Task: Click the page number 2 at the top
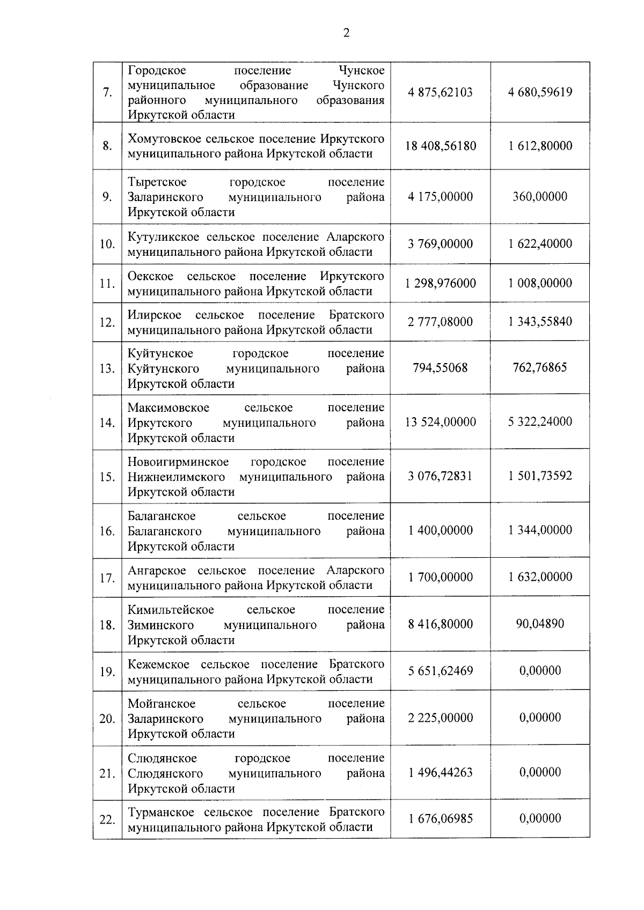point(346,33)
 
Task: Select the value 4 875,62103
point(440,92)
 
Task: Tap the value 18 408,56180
point(440,146)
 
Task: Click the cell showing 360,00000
point(540,196)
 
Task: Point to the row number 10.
point(107,244)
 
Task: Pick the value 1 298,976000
point(440,283)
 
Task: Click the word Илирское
point(154,315)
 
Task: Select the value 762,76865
point(540,368)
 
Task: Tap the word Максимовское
point(169,408)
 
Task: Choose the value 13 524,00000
point(440,422)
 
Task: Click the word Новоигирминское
point(178,462)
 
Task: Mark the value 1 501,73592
point(540,476)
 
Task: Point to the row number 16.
point(107,531)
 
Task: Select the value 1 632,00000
point(540,577)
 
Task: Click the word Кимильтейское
point(171,610)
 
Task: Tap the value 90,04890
point(540,624)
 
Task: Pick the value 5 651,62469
point(440,671)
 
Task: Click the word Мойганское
point(162,704)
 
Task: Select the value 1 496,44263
point(440,773)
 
